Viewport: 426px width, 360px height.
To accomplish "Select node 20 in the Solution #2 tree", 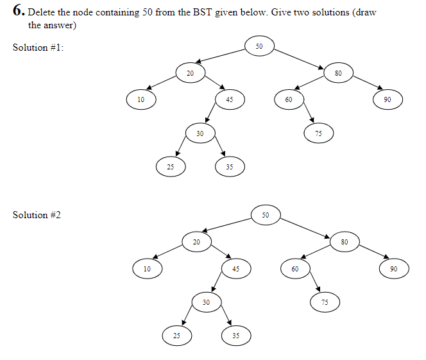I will tap(196, 242).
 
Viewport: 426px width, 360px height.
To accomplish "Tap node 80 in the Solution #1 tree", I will tap(338, 73).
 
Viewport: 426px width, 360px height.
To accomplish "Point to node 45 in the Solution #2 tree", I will tap(235, 269).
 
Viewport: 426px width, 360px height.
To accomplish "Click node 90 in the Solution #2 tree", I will tap(393, 269).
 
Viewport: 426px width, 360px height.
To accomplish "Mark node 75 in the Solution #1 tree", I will tap(318, 133).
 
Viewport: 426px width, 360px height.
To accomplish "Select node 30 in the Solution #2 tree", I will tap(206, 302).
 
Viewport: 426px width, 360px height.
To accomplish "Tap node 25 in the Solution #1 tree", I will tap(171, 166).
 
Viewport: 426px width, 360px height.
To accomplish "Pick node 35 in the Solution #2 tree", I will tap(235, 335).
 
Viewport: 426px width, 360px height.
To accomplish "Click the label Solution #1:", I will tap(38, 47).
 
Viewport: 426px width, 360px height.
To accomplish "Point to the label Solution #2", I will tap(37, 214).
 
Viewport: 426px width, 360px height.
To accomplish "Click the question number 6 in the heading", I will tap(17, 12).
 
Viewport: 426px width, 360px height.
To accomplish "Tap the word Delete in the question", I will tap(41, 13).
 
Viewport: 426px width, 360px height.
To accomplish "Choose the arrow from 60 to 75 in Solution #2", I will tap(314, 282).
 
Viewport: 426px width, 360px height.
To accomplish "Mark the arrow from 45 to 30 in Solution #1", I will tap(212, 114).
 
